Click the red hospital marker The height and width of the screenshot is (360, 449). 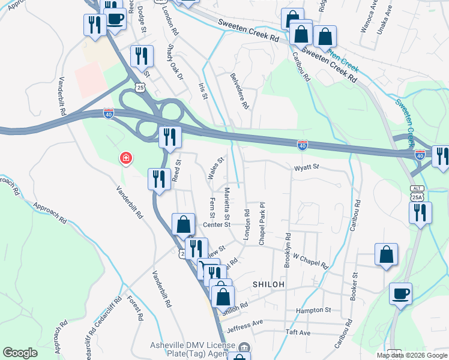125,158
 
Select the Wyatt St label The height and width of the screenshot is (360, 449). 305,169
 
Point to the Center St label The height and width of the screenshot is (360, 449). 217,225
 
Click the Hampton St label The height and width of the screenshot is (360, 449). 313,310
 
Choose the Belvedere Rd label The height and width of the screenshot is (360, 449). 240,90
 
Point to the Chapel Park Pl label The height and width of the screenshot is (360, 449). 262,223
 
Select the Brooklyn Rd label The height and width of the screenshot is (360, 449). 288,250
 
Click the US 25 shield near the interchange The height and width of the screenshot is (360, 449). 140,88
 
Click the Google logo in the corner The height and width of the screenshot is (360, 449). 20,353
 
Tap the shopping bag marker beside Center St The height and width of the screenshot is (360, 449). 184,225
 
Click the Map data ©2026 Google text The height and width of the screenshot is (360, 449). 412,355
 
